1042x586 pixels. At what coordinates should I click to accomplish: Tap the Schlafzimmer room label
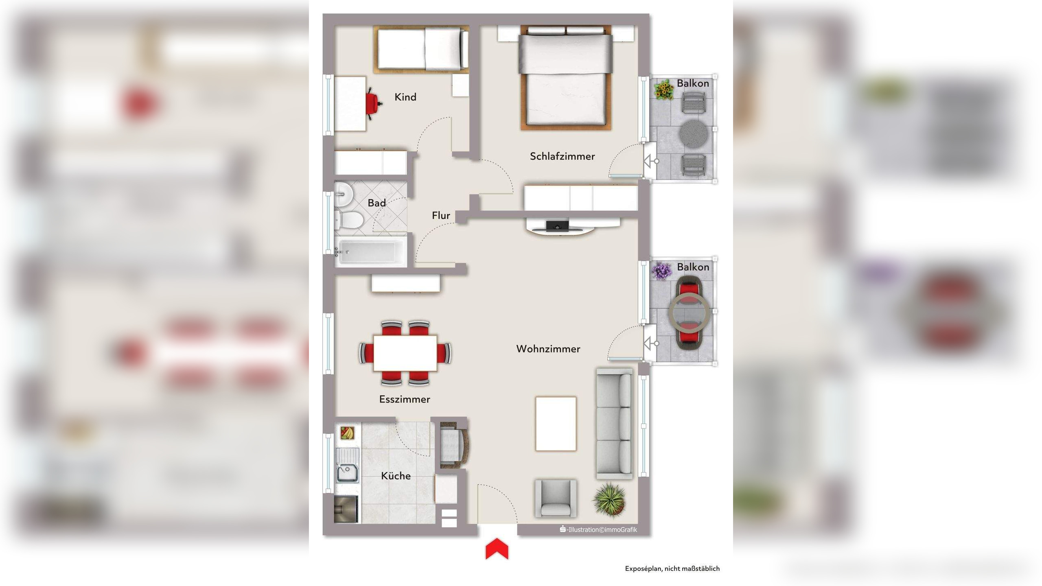tap(562, 156)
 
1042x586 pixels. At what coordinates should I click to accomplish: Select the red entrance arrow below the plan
tap(497, 549)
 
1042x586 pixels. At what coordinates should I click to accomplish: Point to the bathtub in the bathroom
tap(369, 252)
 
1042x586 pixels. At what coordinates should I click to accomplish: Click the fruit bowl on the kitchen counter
tap(347, 433)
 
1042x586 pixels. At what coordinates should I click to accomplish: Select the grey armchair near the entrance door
tap(556, 498)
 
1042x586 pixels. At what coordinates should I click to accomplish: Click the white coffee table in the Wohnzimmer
tap(556, 424)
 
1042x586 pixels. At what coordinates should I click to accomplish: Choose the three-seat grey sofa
tap(615, 424)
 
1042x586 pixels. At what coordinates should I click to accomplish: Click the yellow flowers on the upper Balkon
tap(664, 90)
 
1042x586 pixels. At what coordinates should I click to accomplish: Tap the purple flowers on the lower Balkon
tap(661, 271)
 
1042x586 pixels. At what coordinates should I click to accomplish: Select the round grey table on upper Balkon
tap(694, 134)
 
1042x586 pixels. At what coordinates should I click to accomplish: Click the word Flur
tap(441, 216)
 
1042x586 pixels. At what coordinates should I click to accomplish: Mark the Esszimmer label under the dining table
tap(405, 400)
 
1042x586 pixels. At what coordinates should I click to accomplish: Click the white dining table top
tap(405, 353)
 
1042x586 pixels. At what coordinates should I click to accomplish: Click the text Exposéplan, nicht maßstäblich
tap(672, 569)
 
